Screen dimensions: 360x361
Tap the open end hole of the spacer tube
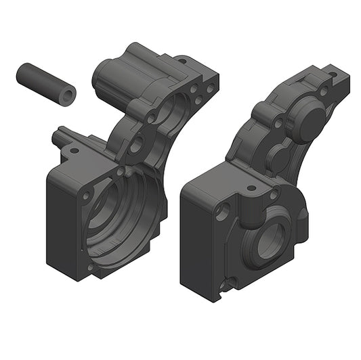coord(66,95)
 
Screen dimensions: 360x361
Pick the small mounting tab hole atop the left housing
coord(181,61)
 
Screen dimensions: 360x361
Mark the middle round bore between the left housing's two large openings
coord(140,143)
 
